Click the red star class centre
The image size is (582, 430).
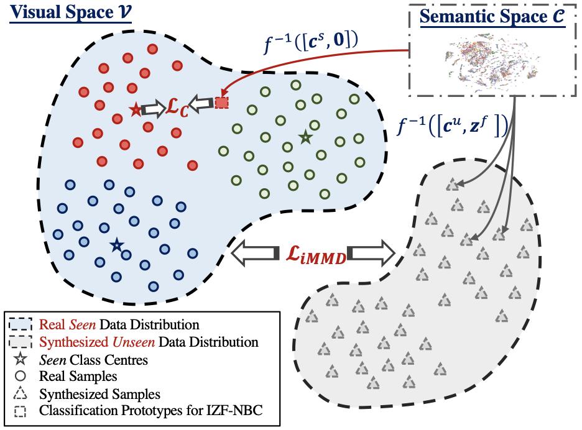click(x=136, y=109)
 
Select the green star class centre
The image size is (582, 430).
click(x=305, y=137)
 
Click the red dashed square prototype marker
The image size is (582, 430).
click(x=222, y=103)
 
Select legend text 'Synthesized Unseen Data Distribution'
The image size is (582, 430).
click(x=148, y=341)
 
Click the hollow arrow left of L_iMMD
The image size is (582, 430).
click(x=252, y=253)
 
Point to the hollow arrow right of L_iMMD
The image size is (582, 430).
click(x=373, y=253)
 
